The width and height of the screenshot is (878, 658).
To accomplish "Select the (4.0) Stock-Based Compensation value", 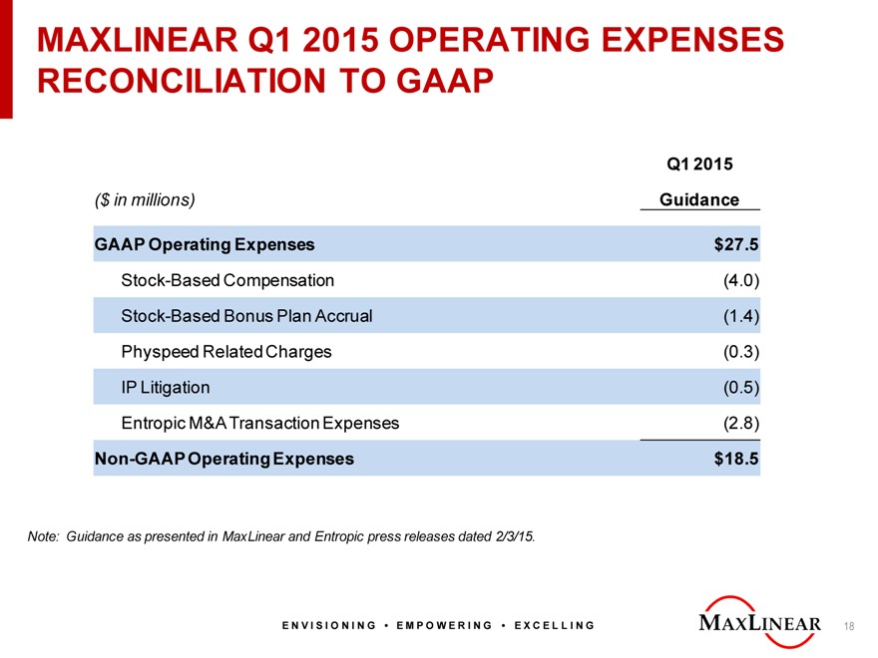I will [741, 280].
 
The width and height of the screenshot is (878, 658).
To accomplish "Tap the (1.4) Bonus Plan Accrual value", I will [741, 316].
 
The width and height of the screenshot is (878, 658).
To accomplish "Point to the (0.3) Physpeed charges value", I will [741, 352].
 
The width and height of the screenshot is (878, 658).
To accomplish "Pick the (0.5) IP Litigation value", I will [741, 387].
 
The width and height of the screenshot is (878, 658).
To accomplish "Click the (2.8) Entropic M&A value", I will [741, 423].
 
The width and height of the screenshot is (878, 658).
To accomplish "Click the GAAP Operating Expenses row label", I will [204, 244].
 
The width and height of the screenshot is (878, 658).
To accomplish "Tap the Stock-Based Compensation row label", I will [227, 280].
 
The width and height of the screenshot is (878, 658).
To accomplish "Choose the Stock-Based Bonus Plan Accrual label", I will [246, 316].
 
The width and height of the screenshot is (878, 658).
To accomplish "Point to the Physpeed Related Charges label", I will [226, 352].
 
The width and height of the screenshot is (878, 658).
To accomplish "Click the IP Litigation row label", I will [166, 387].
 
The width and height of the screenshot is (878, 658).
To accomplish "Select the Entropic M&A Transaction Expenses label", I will [259, 423].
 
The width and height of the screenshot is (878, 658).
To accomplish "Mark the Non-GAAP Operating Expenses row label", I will [223, 459].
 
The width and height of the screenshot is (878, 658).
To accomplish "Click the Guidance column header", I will [699, 199].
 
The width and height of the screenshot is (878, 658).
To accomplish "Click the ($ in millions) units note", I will [145, 199].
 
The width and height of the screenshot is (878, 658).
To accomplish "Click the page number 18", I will [849, 626].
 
